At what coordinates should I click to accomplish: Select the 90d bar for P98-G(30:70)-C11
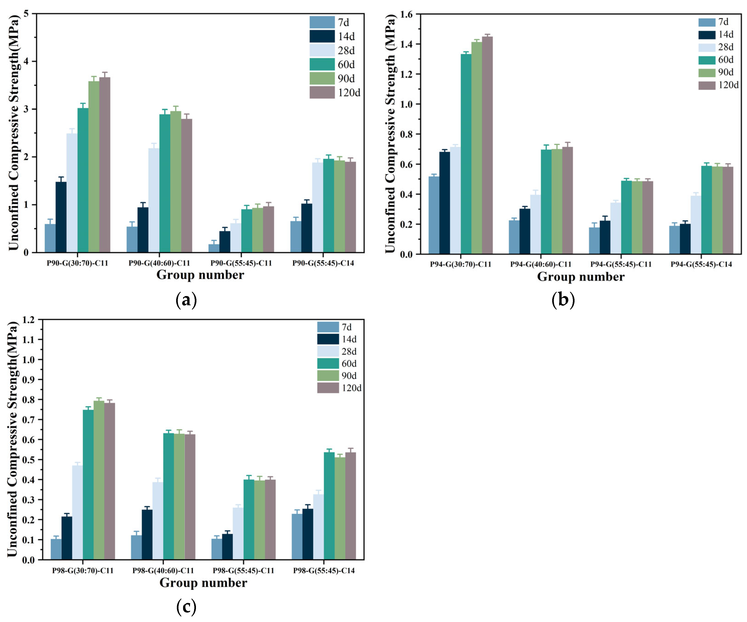coord(99,480)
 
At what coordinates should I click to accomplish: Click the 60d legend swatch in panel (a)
coord(322,64)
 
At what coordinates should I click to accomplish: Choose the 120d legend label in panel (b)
coord(728,85)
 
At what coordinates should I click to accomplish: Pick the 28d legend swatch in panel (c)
coord(328,351)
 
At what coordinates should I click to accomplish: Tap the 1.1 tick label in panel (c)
coord(29,340)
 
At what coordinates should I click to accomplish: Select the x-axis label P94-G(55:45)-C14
coord(701,264)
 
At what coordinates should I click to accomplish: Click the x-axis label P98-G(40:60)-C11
coord(163,570)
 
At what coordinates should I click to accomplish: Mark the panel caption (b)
coord(563,300)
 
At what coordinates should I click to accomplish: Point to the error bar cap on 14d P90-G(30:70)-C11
coord(61,177)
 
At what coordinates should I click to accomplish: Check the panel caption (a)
coord(186,300)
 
